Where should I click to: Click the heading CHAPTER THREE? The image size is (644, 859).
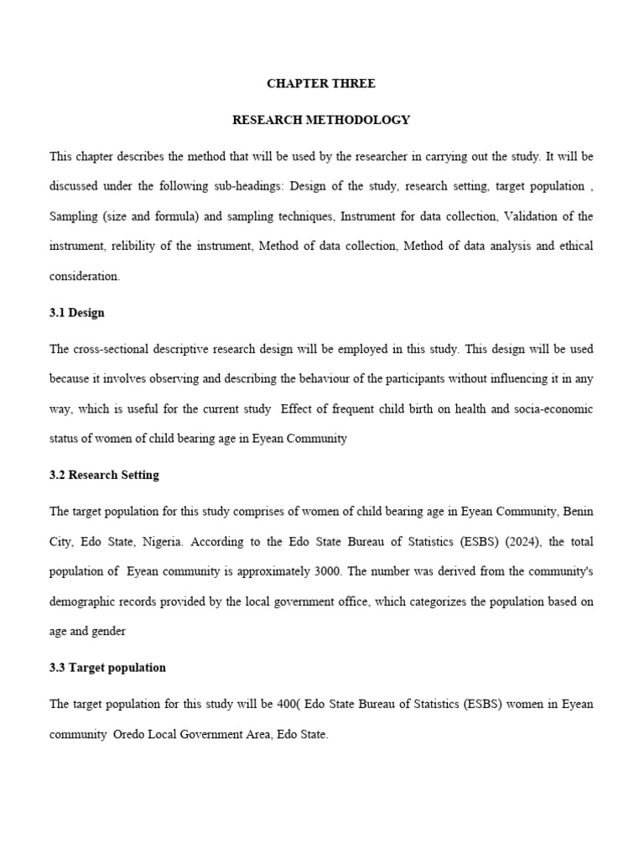321,84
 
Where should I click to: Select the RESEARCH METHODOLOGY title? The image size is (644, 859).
321,120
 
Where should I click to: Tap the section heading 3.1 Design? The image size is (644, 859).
77,313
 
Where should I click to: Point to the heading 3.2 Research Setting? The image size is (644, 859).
104,475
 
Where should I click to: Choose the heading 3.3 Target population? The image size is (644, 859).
107,668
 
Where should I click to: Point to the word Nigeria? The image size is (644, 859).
158,541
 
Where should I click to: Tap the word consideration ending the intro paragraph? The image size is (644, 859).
85,276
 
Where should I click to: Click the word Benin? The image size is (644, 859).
578,511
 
